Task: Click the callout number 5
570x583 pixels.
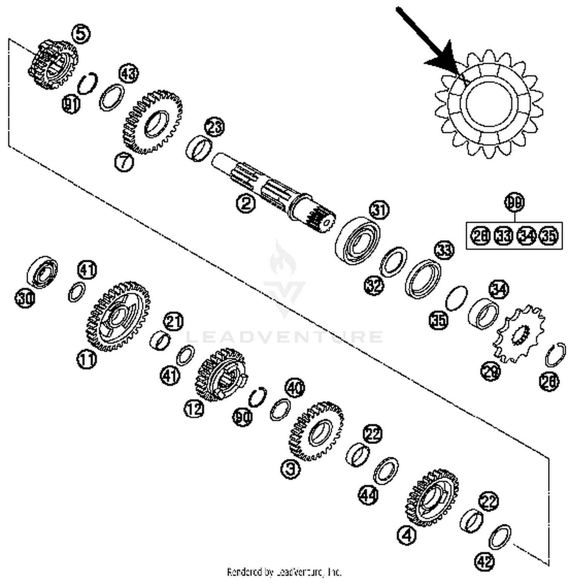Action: (x=81, y=33)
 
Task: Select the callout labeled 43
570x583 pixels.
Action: (x=129, y=73)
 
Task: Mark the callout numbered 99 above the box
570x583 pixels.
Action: (x=515, y=202)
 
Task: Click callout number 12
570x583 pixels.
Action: (x=194, y=409)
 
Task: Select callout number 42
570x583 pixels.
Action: (x=484, y=561)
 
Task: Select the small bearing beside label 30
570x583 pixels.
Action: (x=42, y=272)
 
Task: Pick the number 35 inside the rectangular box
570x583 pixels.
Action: (x=549, y=236)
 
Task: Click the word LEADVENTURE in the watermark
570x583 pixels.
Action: (x=285, y=337)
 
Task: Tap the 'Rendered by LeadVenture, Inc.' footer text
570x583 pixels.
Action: (x=284, y=572)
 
